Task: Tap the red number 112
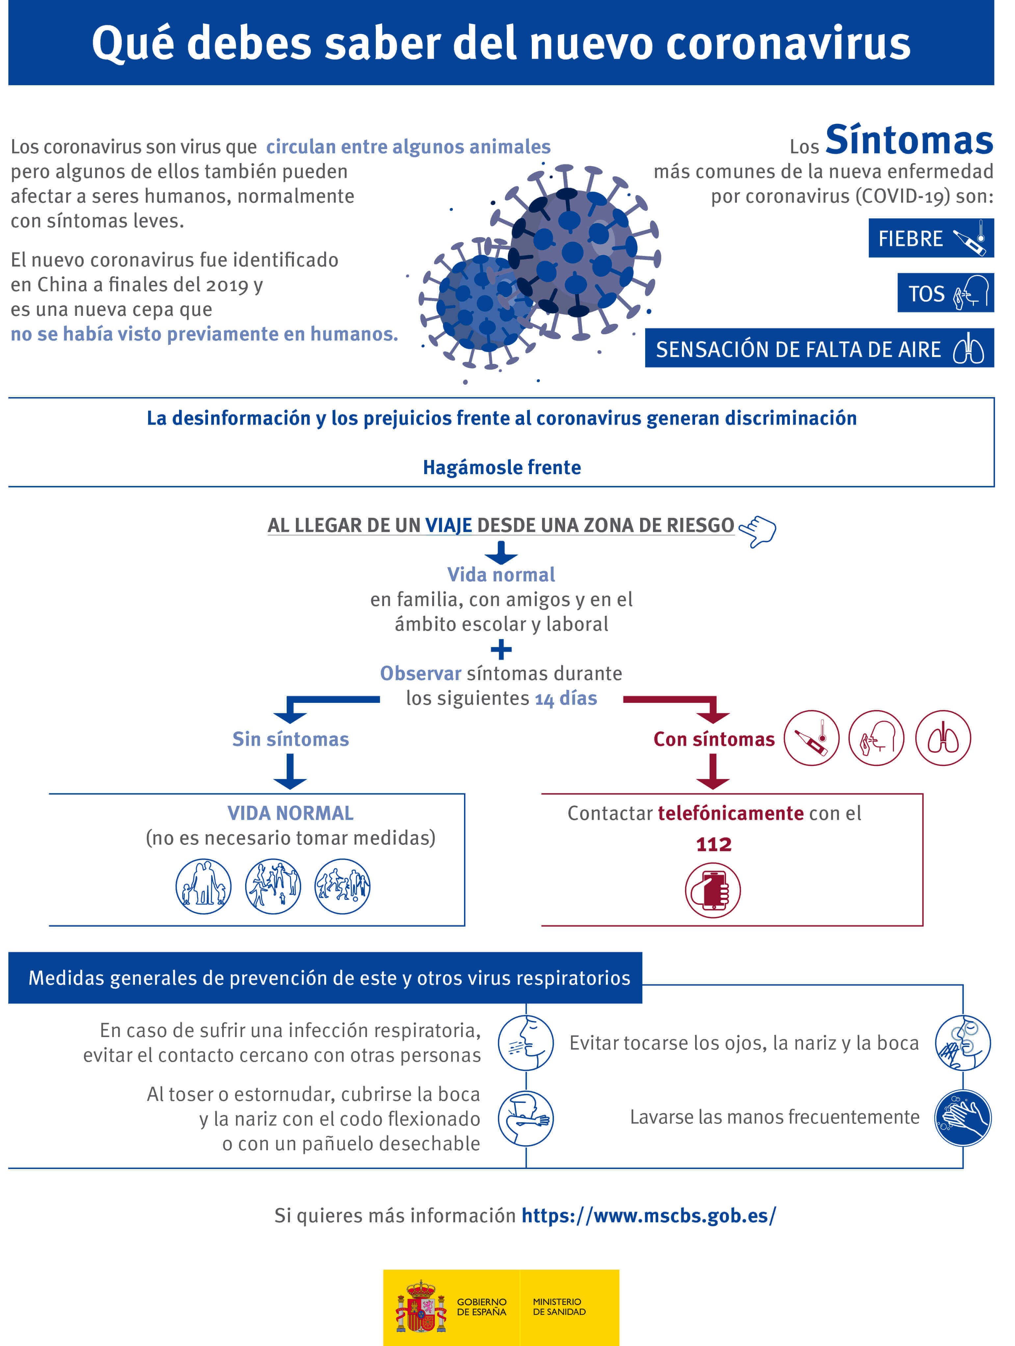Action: click(713, 845)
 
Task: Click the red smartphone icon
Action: click(713, 890)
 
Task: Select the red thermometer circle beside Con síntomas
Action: click(811, 738)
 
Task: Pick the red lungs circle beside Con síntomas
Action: click(943, 738)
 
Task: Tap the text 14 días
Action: click(566, 698)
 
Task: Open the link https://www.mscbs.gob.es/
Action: click(649, 1215)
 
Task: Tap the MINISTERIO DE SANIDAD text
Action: click(559, 1307)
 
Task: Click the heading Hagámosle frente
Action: click(502, 467)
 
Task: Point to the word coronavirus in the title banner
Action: click(788, 44)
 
